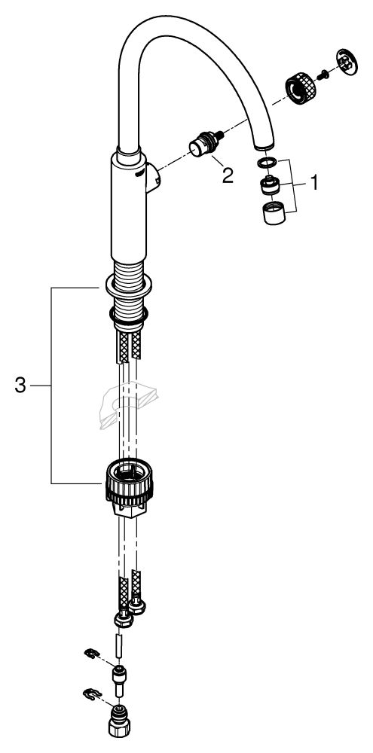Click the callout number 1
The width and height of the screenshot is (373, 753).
[314, 183]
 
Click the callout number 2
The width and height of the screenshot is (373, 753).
[227, 175]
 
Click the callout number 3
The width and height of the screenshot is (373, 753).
[20, 385]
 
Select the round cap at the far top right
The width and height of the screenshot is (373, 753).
[347, 62]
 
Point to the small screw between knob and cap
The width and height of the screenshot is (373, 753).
[323, 74]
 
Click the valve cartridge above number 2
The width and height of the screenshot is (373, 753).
[206, 144]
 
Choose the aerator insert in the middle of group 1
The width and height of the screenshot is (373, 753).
[270, 185]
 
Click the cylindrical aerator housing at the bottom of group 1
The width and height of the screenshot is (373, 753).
[274, 213]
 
